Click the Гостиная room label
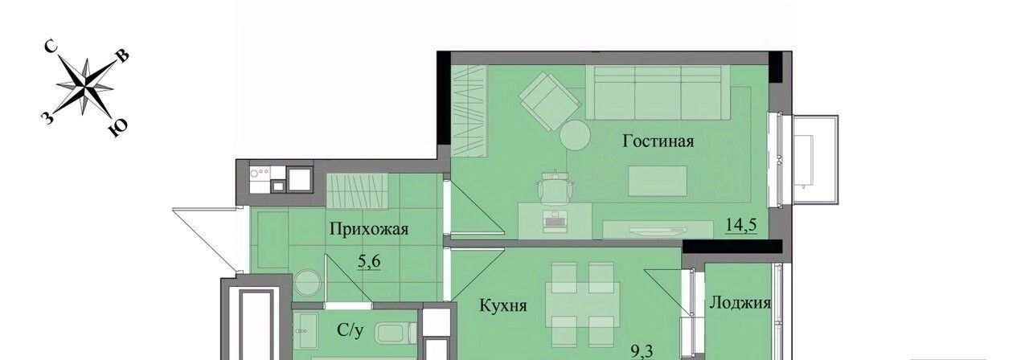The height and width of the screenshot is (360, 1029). point(658,141)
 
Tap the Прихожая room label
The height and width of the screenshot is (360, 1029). point(369,229)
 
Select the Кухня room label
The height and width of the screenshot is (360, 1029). point(503,305)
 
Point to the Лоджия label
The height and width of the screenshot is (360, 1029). point(740,303)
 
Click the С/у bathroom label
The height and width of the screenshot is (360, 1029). point(350,329)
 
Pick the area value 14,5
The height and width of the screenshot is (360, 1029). point(740,225)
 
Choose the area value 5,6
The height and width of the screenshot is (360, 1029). point(369,261)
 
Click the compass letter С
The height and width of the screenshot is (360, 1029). point(51,47)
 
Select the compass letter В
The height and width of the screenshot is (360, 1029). point(122,56)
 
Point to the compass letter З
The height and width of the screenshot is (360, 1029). point(47,118)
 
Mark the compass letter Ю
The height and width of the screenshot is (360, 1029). point(118,128)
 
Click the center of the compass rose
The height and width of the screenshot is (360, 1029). point(85,86)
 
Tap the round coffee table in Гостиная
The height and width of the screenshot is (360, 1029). point(575,134)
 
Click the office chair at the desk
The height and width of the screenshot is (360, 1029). point(555,187)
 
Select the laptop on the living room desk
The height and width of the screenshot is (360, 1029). point(555,219)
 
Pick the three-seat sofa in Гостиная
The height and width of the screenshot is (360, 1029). point(658,92)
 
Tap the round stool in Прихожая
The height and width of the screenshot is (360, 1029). point(307,283)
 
